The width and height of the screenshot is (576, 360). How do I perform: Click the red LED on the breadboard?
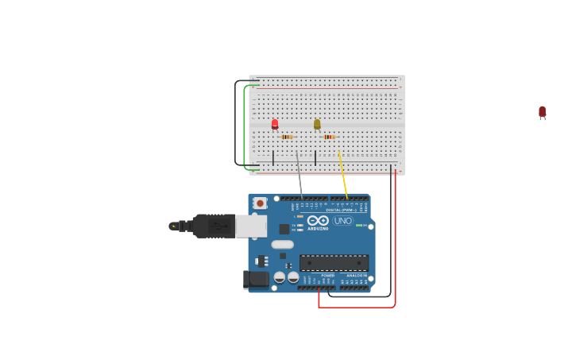pyautogui.click(x=275, y=124)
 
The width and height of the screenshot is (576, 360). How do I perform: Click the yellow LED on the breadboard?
pyautogui.click(x=317, y=124)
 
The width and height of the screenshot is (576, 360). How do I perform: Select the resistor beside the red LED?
pyautogui.click(x=287, y=137)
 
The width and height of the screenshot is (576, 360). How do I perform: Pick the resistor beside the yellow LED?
pyautogui.click(x=329, y=137)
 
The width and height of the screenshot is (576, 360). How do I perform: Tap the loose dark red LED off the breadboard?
pyautogui.click(x=542, y=112)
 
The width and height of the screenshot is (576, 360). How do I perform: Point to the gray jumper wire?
pyautogui.click(x=300, y=175)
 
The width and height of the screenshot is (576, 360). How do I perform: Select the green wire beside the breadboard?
pyautogui.click(x=245, y=127)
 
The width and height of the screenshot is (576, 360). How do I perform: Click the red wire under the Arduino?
pyautogui.click(x=358, y=307)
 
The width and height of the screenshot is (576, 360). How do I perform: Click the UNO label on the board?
pyautogui.click(x=343, y=220)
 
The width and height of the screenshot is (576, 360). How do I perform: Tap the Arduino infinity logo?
pyautogui.click(x=318, y=220)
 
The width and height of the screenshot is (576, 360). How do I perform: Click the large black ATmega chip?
pyautogui.click(x=334, y=262)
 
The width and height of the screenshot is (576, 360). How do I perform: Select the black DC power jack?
pyautogui.click(x=256, y=279)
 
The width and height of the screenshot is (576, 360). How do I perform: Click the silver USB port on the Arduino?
pyautogui.click(x=251, y=226)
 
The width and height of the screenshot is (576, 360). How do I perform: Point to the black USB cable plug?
pyautogui.click(x=213, y=226)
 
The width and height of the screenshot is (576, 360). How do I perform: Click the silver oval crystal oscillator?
pyautogui.click(x=283, y=245)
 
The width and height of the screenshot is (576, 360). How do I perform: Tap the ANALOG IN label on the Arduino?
pyautogui.click(x=357, y=276)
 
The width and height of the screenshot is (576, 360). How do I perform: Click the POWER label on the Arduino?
pyautogui.click(x=327, y=276)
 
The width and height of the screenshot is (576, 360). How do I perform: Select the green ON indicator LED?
pyautogui.click(x=359, y=226)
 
